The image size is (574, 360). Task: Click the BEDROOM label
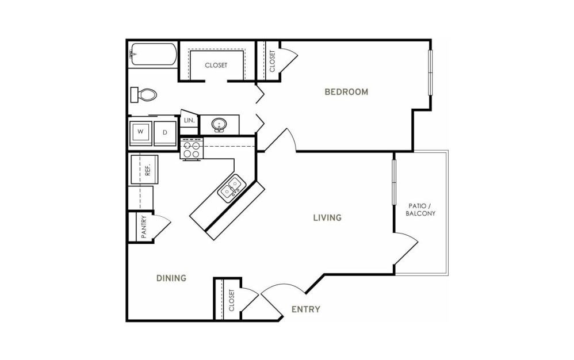coord(346,92)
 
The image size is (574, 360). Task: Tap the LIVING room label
coord(327,218)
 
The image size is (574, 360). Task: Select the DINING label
coord(171,278)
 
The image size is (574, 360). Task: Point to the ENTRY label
coord(305,309)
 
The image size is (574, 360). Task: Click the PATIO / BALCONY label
coord(420,210)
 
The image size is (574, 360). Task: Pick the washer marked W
coord(140,132)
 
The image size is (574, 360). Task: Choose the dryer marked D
coord(164,132)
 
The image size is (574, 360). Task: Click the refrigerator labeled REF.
coord(144,170)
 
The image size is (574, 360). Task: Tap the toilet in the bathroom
coord(144,95)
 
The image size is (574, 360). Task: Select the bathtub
coord(154,55)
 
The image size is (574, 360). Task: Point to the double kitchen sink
coord(231,188)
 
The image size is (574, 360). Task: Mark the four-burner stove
coord(192,148)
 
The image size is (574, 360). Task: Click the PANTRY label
coord(144,227)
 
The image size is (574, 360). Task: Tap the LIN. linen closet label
coord(189,120)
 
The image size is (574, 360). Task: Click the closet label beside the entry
coord(231,300)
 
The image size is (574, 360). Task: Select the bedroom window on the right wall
coord(430,72)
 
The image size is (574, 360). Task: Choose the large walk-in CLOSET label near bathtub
coord(216,65)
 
